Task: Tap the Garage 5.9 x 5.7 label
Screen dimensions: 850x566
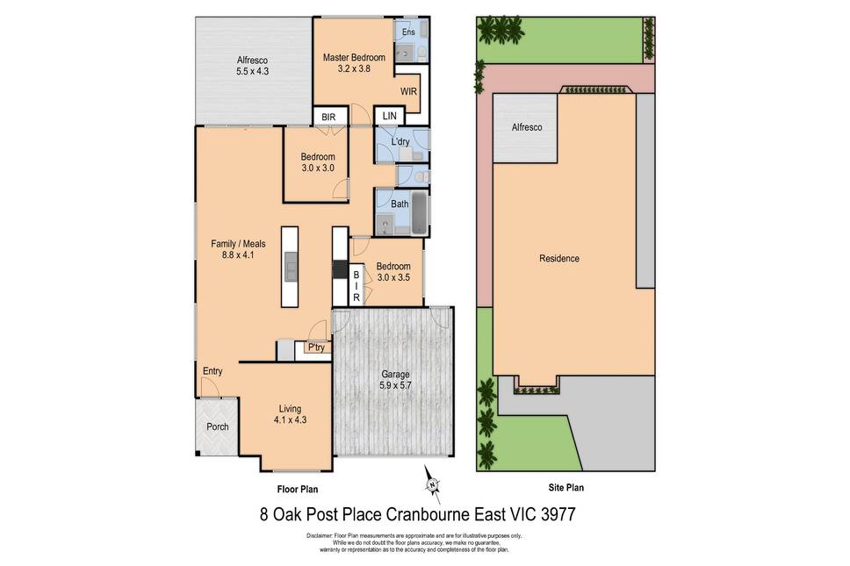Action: (x=395, y=380)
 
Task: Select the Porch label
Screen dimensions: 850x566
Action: (x=218, y=426)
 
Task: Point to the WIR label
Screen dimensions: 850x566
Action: (x=408, y=91)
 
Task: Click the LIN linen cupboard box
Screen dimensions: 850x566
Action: (x=389, y=116)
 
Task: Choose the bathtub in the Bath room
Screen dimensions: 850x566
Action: (x=419, y=213)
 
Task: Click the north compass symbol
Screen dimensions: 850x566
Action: (x=432, y=484)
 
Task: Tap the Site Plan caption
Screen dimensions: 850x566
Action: (x=566, y=488)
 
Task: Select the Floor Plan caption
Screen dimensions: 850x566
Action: (x=298, y=489)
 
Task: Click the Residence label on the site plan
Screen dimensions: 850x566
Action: (x=558, y=258)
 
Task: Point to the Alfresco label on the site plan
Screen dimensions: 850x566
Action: (x=526, y=127)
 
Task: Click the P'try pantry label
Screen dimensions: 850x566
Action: (x=316, y=347)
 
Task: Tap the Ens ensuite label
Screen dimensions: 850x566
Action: (x=408, y=32)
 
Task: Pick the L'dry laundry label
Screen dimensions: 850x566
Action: (x=400, y=142)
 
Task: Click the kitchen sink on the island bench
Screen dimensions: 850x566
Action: (x=291, y=267)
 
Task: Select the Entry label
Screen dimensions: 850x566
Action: (x=212, y=371)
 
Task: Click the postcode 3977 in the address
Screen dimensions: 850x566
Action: (x=558, y=514)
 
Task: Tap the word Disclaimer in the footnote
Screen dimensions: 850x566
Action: (x=320, y=535)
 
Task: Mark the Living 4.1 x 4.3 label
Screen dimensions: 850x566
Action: (x=290, y=414)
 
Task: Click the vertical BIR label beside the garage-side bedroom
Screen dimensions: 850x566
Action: (x=357, y=286)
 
